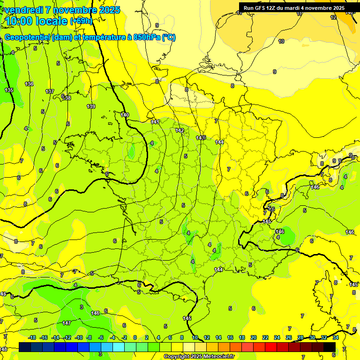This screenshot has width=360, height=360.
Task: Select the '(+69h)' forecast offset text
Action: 81,21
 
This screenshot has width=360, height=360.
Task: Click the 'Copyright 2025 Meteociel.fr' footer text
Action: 198,356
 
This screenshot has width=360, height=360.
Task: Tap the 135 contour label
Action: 9,90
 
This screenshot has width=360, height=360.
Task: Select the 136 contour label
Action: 29,84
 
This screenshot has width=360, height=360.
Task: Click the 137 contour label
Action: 50,91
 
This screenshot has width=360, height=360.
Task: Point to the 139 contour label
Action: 91,106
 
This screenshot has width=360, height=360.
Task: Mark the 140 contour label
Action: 125,115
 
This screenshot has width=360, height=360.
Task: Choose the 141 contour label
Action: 155,122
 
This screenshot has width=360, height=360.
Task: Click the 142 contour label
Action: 180,130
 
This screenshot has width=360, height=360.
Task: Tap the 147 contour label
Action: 67,323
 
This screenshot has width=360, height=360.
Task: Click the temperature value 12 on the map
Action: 333,17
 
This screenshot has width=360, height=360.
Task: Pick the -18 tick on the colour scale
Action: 32,337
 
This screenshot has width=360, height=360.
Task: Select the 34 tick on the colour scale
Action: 336,337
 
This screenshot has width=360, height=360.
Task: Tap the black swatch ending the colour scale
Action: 330,346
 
